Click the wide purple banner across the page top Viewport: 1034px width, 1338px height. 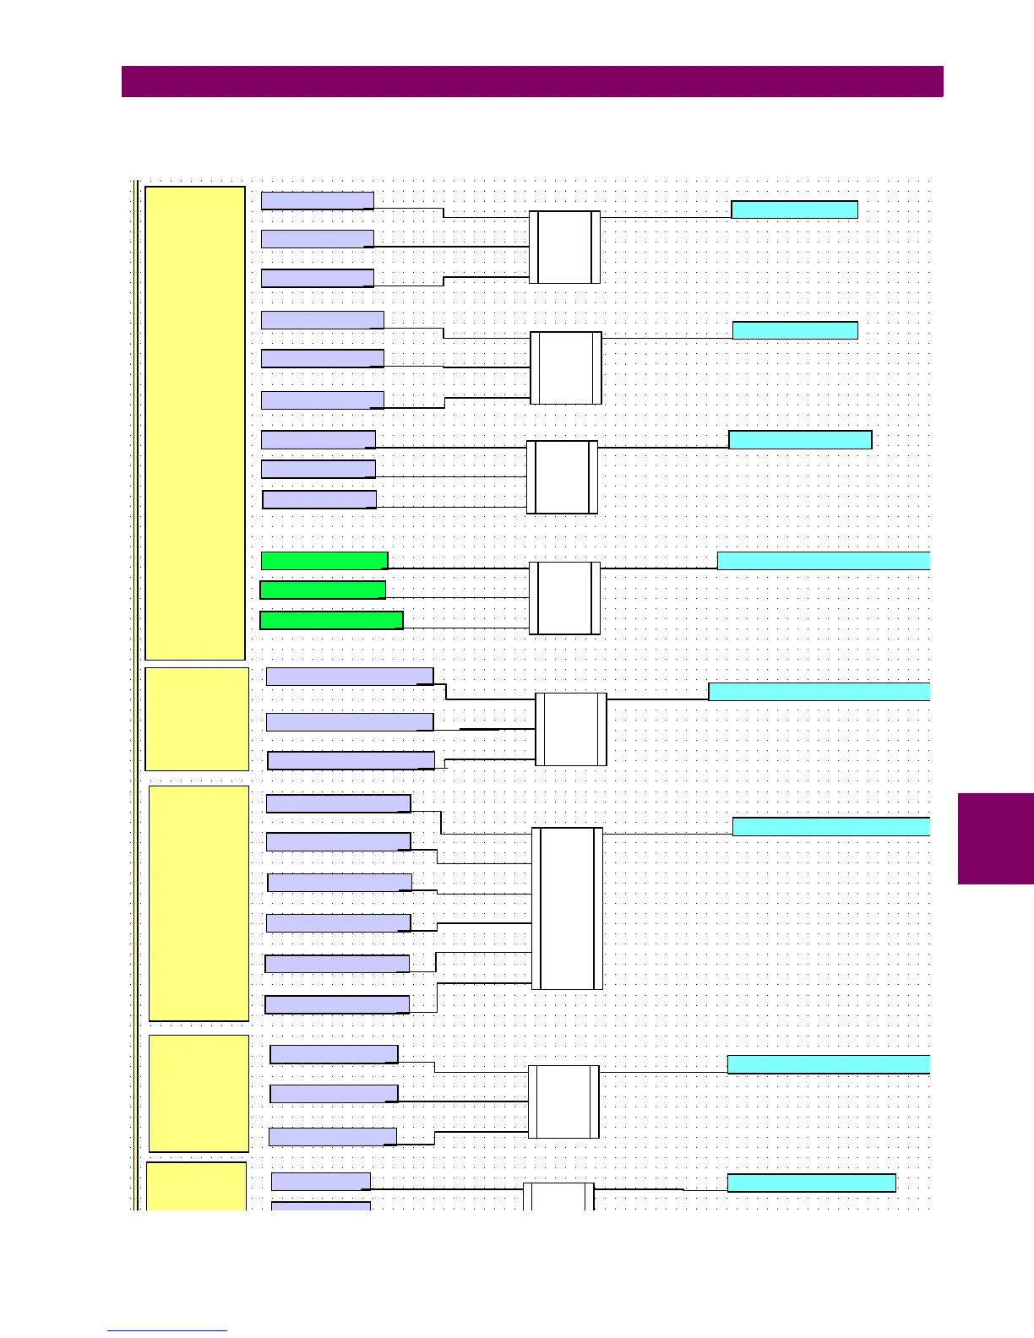(532, 82)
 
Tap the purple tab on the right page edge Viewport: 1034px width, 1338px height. (996, 838)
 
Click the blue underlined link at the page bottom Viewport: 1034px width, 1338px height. (167, 1330)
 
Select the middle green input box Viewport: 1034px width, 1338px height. (323, 590)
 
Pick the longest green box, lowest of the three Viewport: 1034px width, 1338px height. (331, 620)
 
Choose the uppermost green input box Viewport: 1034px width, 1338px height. (324, 560)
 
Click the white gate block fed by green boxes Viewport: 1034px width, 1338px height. (564, 598)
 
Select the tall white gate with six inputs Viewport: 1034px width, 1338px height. (567, 908)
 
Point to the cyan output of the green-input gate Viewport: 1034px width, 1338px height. (823, 560)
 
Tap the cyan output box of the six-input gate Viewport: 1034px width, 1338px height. (830, 827)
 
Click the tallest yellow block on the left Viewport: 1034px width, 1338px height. (195, 422)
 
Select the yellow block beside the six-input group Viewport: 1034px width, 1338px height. (199, 903)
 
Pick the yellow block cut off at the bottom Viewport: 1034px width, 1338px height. (196, 1186)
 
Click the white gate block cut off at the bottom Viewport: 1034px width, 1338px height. (558, 1196)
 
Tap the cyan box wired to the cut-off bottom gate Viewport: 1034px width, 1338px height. (811, 1183)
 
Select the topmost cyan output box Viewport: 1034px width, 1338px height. (794, 209)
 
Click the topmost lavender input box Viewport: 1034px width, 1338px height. (318, 200)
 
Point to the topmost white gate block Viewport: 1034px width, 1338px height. (564, 247)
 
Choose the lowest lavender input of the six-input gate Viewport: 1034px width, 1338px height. (337, 1004)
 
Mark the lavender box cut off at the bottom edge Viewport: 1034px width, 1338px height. (320, 1205)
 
